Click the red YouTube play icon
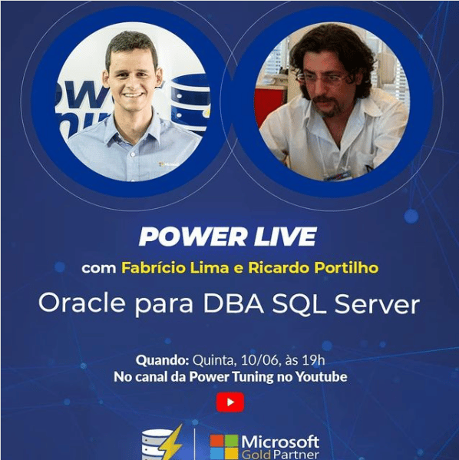229,402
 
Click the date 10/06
258,360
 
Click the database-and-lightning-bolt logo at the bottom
162,445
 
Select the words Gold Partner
279,454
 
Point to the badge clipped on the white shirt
338,173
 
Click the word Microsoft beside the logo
279,440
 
